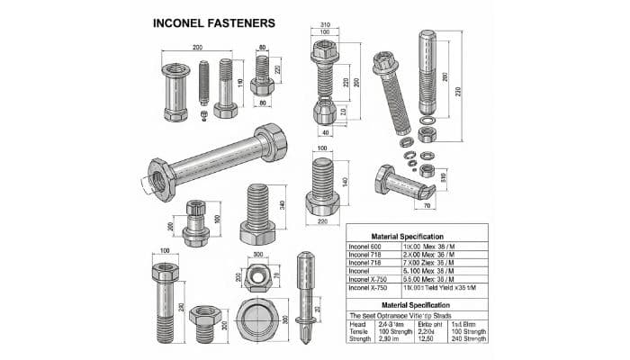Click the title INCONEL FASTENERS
click(x=214, y=22)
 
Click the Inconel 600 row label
click(x=365, y=246)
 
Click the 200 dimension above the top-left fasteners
click(x=196, y=47)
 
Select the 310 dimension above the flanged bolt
click(x=324, y=25)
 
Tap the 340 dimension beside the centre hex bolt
click(x=282, y=203)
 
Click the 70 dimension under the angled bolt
click(x=426, y=205)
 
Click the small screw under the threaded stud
click(x=203, y=114)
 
